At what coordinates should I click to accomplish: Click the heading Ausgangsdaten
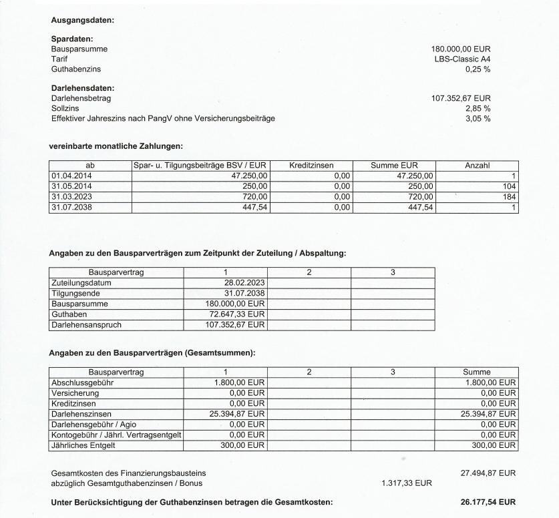click(83, 20)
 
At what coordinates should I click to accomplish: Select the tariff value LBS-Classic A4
click(462, 59)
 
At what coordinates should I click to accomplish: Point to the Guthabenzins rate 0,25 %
click(478, 69)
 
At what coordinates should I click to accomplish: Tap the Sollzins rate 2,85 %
click(478, 108)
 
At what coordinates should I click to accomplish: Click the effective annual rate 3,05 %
click(478, 118)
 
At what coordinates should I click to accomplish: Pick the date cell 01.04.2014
click(70, 176)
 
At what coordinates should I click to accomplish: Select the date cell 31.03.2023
click(70, 197)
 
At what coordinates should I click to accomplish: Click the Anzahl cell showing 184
click(510, 197)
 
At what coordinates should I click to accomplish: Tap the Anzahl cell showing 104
click(510, 186)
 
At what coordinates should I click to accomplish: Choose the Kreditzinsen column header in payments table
click(311, 165)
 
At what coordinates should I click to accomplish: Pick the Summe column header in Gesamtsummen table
click(477, 372)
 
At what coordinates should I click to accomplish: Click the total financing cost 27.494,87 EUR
click(488, 473)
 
